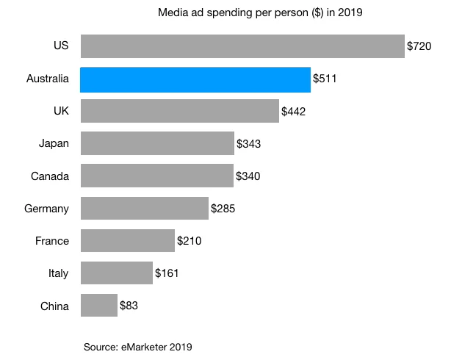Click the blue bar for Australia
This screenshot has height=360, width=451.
(195, 79)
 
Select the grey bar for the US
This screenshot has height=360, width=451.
(242, 46)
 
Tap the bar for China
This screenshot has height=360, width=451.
(98, 306)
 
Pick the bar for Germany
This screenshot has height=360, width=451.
(144, 209)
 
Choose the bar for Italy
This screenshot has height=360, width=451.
(116, 273)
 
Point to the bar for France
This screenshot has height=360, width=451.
(127, 241)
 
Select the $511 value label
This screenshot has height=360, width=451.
(325, 79)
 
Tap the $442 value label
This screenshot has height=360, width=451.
(293, 112)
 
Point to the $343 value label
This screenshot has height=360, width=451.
(248, 144)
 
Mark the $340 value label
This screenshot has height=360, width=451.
(248, 176)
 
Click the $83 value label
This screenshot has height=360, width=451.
(129, 306)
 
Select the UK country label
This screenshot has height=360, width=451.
(60, 112)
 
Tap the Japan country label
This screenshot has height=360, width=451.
(54, 144)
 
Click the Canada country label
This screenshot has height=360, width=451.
(50, 176)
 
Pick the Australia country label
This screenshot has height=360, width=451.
(47, 79)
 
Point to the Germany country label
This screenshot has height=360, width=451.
(47, 209)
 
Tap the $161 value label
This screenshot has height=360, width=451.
(167, 273)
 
